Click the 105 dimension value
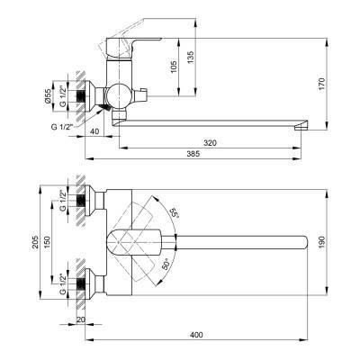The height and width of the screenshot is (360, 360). [174, 67]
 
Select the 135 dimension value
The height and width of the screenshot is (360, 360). [191, 58]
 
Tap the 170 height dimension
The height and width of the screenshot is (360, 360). [321, 85]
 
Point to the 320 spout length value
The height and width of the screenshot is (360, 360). [210, 143]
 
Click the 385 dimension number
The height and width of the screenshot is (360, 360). [193, 154]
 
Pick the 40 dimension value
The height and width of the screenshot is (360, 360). [94, 131]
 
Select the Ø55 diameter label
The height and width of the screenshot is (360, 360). [48, 96]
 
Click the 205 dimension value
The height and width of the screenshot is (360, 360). [36, 241]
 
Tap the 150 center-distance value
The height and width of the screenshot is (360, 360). [48, 242]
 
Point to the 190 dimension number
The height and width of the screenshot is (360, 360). [321, 242]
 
